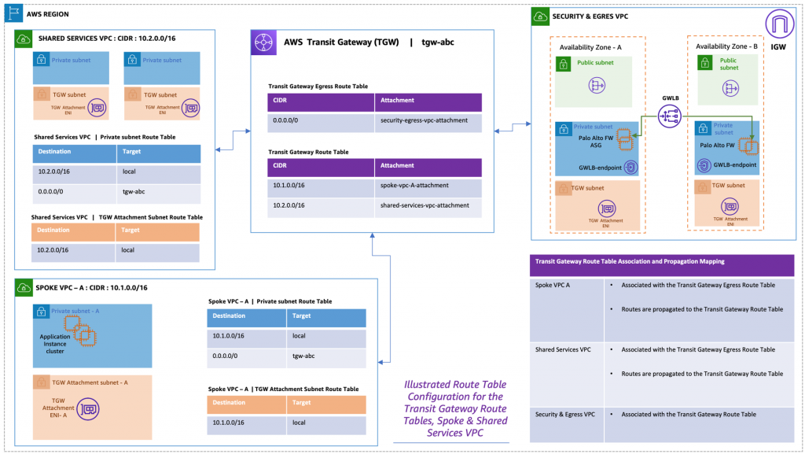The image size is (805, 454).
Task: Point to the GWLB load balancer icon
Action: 671,117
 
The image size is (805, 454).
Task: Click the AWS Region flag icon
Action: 9,13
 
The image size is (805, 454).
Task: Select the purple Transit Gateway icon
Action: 262,43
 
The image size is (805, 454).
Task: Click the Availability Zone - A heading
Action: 592,46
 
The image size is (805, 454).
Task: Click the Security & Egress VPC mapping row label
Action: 564,414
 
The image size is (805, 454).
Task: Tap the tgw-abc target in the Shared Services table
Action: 133,191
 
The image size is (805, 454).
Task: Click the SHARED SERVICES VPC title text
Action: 93,39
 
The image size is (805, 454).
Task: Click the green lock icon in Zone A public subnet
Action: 563,65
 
